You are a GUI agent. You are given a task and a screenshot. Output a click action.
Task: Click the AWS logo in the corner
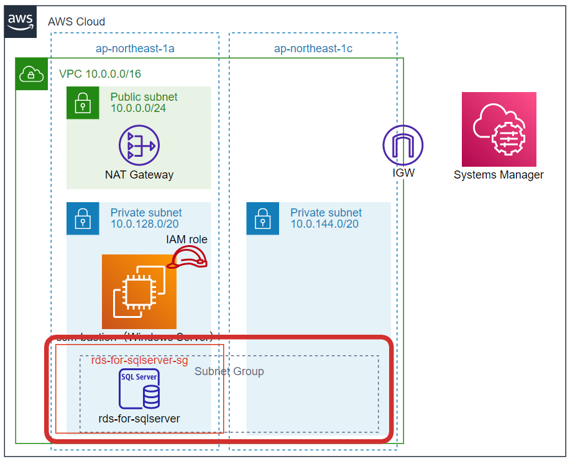[x=20, y=21]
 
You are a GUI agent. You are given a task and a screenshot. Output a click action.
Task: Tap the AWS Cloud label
[x=76, y=22]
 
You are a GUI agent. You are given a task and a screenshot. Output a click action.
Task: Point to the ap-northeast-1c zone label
[x=313, y=48]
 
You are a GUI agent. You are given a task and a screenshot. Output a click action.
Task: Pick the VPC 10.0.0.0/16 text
[x=99, y=74]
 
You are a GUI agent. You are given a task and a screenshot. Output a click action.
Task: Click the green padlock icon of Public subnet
[x=83, y=103]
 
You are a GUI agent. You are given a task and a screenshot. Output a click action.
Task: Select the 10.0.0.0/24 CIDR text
[x=138, y=109]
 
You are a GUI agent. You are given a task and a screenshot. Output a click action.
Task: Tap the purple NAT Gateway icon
[x=139, y=145]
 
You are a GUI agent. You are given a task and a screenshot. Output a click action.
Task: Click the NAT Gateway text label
[x=139, y=175]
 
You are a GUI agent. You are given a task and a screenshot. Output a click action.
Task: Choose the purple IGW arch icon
[x=402, y=145]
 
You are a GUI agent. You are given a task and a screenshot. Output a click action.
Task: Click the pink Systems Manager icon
[x=499, y=129]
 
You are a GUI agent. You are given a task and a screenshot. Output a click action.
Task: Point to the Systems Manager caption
[x=499, y=175]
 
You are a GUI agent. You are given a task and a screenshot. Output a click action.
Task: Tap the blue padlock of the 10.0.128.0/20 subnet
[x=83, y=218]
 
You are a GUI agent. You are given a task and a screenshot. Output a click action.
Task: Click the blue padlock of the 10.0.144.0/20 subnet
[x=262, y=218]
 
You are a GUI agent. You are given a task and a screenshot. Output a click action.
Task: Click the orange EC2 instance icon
[x=139, y=291]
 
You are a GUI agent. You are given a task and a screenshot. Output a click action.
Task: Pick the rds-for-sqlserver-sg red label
[x=139, y=360]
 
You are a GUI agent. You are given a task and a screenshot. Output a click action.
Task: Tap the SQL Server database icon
[x=139, y=389]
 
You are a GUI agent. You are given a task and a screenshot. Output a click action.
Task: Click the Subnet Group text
[x=229, y=371]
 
